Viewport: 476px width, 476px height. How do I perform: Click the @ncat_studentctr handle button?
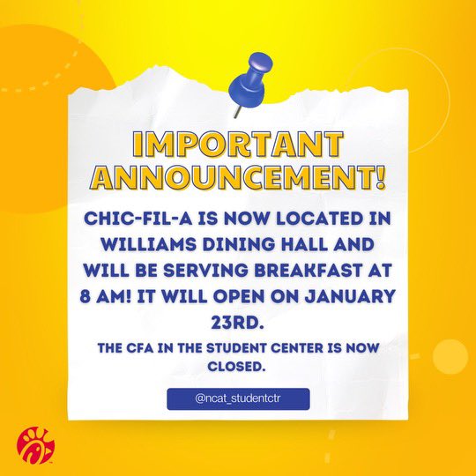pyautogui.click(x=238, y=398)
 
